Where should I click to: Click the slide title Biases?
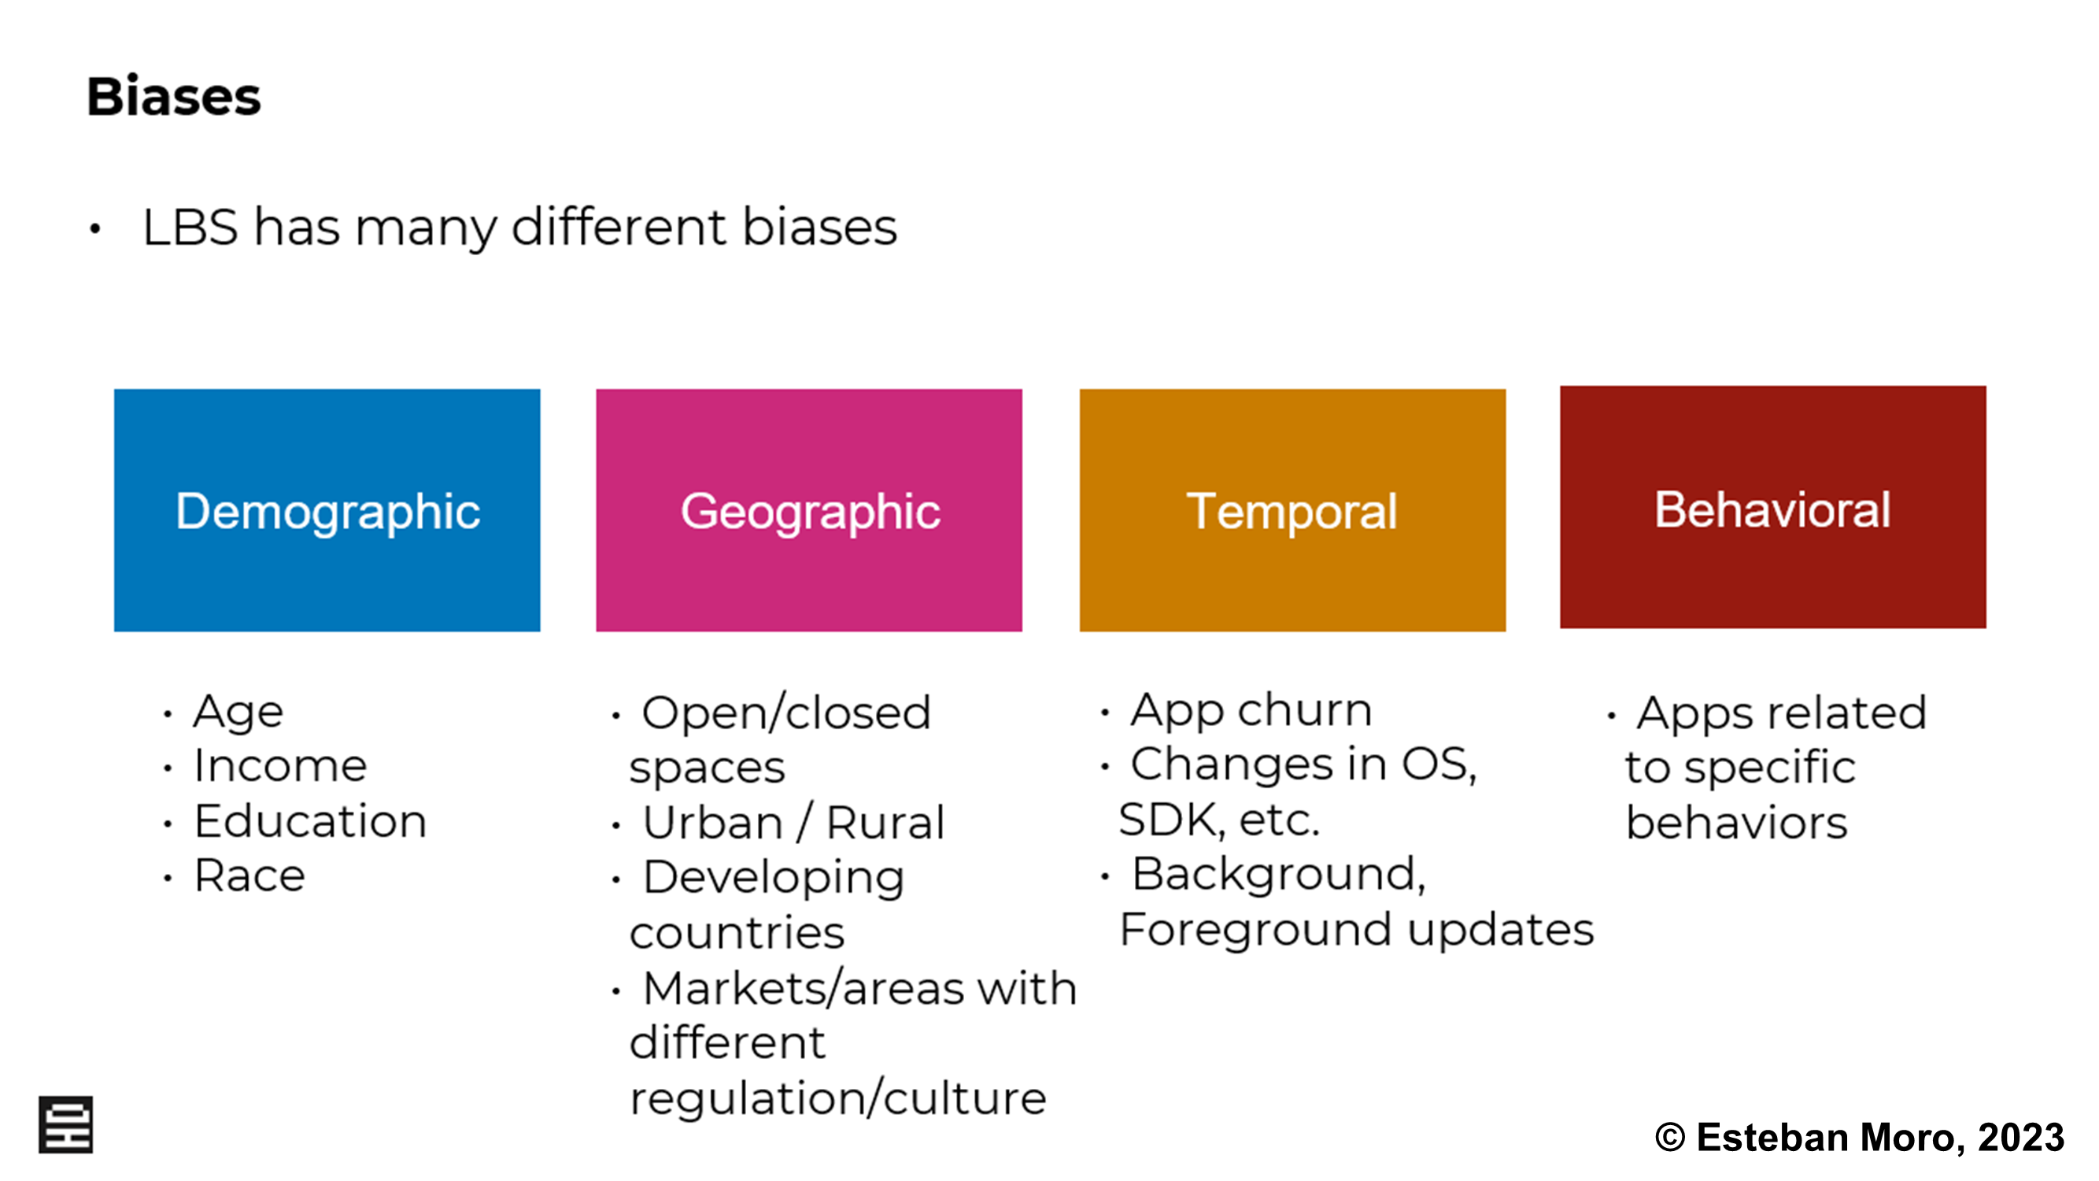coord(174,97)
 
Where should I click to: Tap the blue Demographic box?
coord(327,510)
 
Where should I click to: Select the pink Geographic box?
coord(809,510)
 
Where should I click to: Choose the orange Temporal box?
coord(1292,510)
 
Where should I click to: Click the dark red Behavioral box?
coord(1773,507)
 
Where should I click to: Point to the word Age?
coord(238,713)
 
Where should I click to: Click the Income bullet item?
coord(280,766)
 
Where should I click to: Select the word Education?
coord(310,820)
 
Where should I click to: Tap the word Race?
coord(249,876)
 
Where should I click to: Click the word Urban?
coord(712,823)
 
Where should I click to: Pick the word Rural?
coord(885,823)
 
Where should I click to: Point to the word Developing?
coord(774,879)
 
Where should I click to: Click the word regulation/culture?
coord(837,1098)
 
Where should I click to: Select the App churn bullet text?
coord(1251,711)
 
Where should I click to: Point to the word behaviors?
coord(1736,823)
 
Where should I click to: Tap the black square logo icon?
coord(66,1125)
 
